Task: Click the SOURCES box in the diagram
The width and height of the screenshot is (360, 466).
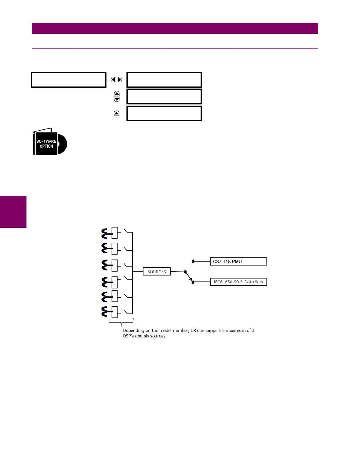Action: click(x=156, y=272)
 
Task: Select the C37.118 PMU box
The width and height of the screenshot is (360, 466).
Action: click(x=238, y=262)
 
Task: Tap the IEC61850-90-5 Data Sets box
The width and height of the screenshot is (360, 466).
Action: click(x=238, y=282)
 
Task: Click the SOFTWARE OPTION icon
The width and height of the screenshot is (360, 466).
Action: click(x=49, y=142)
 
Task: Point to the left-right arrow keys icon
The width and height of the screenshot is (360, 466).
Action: click(x=116, y=79)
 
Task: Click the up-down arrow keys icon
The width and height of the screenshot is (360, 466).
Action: click(x=117, y=96)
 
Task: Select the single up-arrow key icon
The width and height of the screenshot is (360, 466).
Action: click(x=116, y=113)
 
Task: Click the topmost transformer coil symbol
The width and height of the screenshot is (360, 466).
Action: click(x=105, y=233)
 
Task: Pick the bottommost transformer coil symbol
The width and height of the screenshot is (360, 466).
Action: click(x=105, y=312)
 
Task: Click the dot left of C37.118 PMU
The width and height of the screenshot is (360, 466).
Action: click(x=193, y=261)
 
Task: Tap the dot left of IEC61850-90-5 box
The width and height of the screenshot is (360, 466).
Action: click(x=193, y=282)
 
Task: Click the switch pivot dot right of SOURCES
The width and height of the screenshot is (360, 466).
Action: click(x=185, y=272)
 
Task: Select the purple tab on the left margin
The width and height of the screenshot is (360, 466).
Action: click(x=13, y=212)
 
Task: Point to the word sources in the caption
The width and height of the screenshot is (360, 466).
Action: click(x=158, y=336)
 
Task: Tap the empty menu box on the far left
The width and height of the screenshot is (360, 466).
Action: click(x=69, y=80)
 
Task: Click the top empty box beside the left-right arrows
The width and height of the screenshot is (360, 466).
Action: click(x=164, y=80)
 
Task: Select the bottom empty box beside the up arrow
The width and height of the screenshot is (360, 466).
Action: click(x=164, y=114)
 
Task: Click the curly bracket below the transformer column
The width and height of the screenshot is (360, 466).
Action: click(x=121, y=322)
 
